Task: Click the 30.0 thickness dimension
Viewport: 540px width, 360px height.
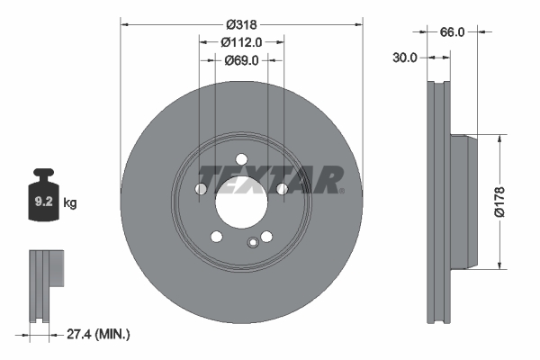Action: (406, 58)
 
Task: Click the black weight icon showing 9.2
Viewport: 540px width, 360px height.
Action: (45, 199)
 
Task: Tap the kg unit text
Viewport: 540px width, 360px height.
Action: (70, 203)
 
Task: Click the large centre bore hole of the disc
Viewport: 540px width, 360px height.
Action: (240, 200)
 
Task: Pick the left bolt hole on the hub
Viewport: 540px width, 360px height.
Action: (200, 189)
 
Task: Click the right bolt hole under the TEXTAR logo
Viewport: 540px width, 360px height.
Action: (282, 189)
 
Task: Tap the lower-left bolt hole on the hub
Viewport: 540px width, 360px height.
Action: (216, 237)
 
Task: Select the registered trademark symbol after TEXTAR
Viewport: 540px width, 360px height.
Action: (341, 190)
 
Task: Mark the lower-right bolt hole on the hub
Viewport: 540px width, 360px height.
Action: (265, 237)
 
